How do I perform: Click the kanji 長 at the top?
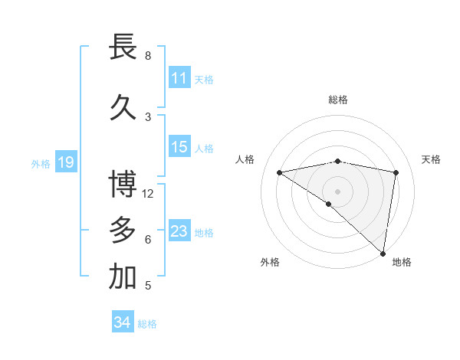click(x=123, y=47)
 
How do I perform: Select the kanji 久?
click(x=123, y=108)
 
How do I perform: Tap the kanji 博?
click(x=123, y=185)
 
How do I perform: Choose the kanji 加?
click(x=123, y=277)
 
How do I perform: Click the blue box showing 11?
click(x=179, y=78)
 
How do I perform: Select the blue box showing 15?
click(x=179, y=147)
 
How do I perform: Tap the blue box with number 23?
click(x=179, y=231)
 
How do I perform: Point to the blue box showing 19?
click(x=65, y=162)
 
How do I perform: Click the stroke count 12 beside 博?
click(x=149, y=194)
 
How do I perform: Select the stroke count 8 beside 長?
click(x=148, y=56)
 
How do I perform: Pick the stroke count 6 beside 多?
click(x=148, y=240)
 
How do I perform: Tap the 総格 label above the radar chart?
click(x=337, y=100)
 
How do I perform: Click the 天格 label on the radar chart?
click(x=431, y=159)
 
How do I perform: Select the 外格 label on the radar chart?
click(x=270, y=262)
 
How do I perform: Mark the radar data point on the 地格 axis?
click(x=383, y=253)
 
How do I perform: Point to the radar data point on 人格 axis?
click(x=279, y=172)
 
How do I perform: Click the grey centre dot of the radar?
click(x=337, y=190)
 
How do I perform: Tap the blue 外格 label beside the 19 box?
click(x=40, y=163)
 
